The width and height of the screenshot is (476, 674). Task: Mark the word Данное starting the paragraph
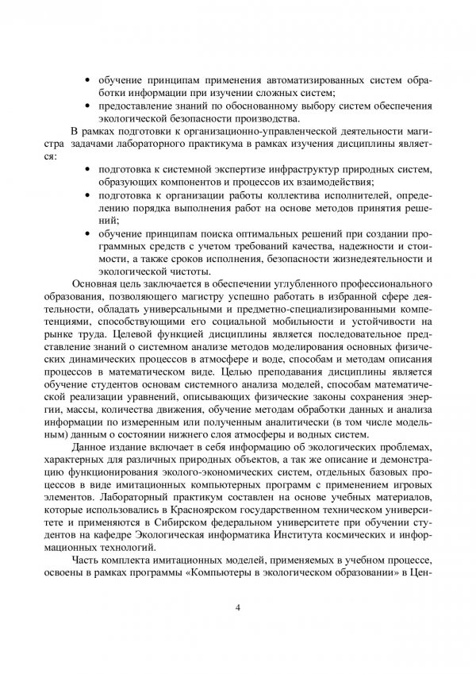(90, 449)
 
